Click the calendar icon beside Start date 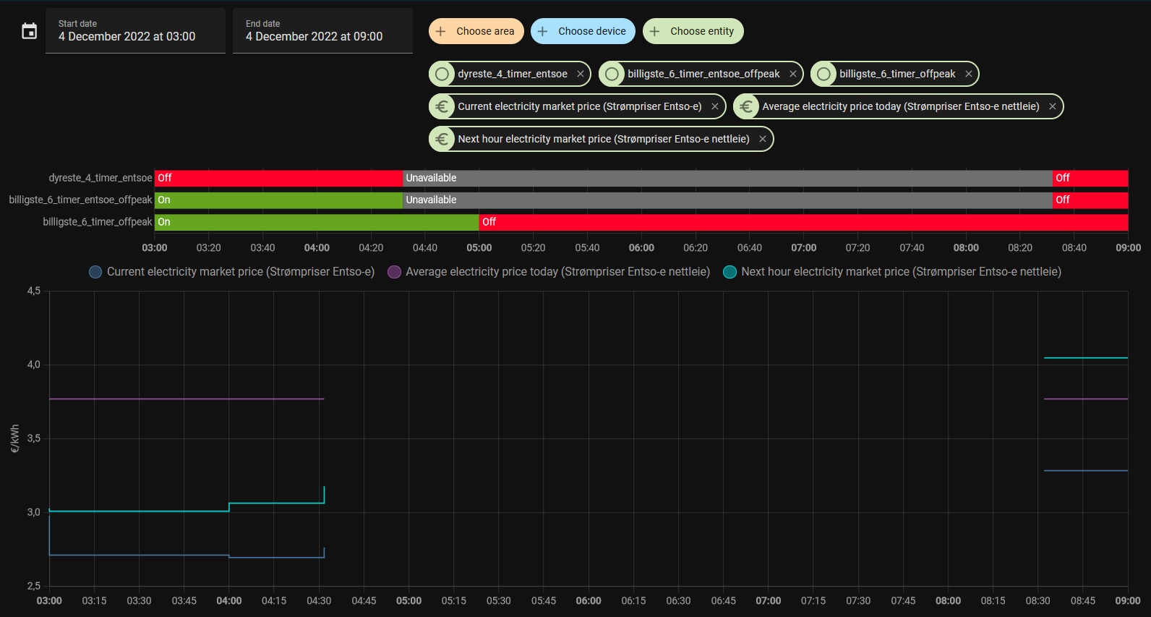tap(29, 31)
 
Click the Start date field tap(135, 31)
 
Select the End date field tap(322, 31)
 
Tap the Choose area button tap(476, 31)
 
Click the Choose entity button tap(693, 31)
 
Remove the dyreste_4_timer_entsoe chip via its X tap(580, 74)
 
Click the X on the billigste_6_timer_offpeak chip tap(968, 74)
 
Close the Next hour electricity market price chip tap(762, 139)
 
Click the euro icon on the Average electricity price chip tap(746, 106)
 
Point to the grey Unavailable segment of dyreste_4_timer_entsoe tap(727, 178)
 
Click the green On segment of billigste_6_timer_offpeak tap(317, 222)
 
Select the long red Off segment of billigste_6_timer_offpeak tap(803, 222)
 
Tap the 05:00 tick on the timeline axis tap(479, 247)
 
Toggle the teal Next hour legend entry tap(892, 272)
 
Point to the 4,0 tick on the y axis tap(34, 365)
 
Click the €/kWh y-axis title tap(14, 438)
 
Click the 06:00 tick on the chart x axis tap(588, 600)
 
